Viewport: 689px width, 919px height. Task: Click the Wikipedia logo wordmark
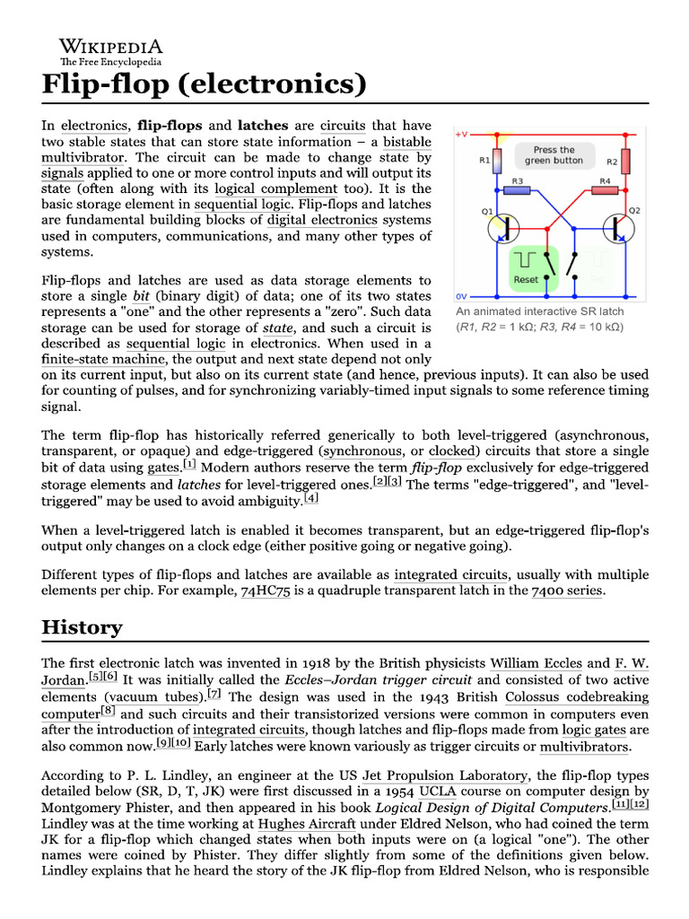[x=111, y=47]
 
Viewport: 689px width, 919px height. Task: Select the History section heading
[x=82, y=626]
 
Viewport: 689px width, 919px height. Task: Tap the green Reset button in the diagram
[x=526, y=268]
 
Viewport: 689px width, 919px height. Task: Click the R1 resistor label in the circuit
[x=484, y=162]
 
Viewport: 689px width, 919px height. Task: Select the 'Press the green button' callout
[x=554, y=155]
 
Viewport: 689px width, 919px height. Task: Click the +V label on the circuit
[x=461, y=135]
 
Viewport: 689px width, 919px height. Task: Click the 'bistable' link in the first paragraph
[x=407, y=142]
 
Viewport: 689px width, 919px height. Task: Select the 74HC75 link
[x=266, y=591]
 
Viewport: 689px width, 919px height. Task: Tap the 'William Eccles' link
[x=536, y=664]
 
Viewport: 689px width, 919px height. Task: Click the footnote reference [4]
[x=310, y=498]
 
